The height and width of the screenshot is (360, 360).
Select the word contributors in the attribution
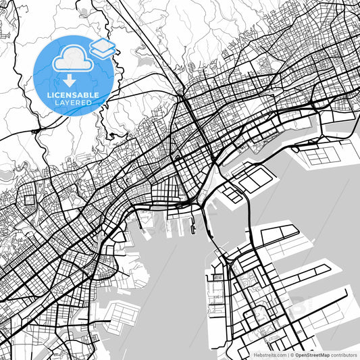pyautogui.click(x=343, y=354)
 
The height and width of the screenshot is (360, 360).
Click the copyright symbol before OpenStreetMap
pyautogui.click(x=292, y=354)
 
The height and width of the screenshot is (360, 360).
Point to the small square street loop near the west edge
pyautogui.click(x=28, y=200)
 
